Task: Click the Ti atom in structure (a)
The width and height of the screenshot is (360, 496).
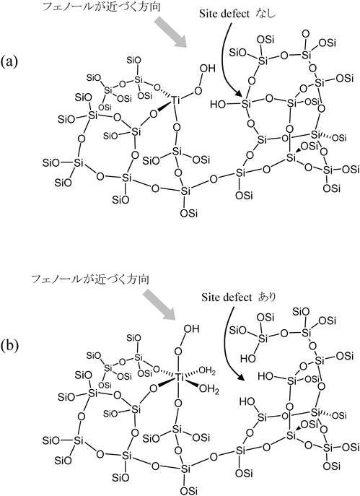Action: coord(176,100)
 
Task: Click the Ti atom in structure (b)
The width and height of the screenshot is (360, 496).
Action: coord(179,378)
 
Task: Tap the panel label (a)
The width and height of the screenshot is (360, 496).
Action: coord(9,61)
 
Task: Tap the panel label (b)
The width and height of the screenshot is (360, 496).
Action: coord(9,346)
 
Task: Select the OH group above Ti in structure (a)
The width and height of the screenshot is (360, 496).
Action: coord(208,69)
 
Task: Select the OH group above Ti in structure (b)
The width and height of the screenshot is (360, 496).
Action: coord(191,329)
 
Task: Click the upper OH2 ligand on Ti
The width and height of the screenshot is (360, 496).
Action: coord(207,371)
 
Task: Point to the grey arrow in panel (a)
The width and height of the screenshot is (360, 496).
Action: coord(171,32)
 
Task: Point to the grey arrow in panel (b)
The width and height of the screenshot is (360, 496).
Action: coord(159,306)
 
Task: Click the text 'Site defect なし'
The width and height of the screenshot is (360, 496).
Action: coord(237,14)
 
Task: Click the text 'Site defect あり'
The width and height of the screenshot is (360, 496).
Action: coord(239,297)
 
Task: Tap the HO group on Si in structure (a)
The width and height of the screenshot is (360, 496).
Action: coord(218,104)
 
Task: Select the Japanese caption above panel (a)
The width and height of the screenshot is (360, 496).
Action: coord(102,6)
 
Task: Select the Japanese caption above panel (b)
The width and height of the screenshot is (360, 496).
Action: coord(90,279)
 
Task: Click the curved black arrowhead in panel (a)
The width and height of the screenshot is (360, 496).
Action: coord(240,94)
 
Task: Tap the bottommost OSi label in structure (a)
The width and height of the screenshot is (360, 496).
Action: coord(189,214)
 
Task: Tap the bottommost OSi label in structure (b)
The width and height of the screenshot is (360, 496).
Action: coord(189,491)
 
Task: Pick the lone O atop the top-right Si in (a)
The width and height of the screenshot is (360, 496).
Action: coord(305,33)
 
